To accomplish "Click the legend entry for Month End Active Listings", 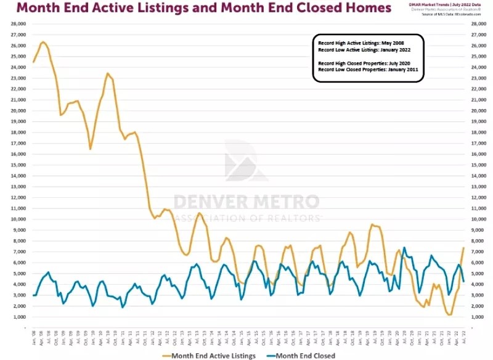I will pos(213,356).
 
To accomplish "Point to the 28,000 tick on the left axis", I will pos(18,23).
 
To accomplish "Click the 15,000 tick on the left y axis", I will pos(18,165).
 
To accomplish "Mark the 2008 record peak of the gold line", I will pos(43,42).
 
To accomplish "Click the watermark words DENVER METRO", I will pos(246,202).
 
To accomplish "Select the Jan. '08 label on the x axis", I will pos(34,338).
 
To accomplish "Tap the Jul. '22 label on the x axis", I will pos(463,338).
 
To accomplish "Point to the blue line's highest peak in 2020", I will pos(404,248).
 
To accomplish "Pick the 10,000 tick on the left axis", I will pos(18,219).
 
